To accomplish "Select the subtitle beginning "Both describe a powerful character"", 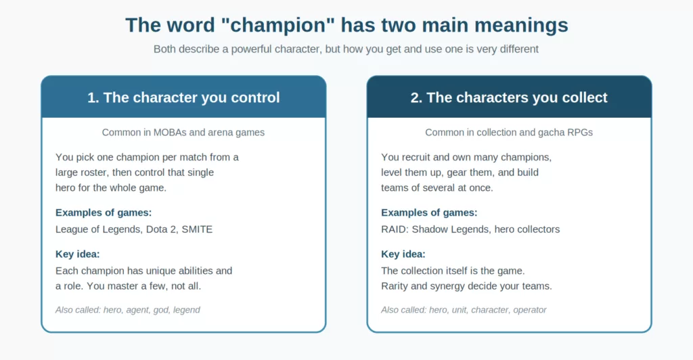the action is click(x=346, y=49).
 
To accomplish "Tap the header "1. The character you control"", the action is click(x=183, y=97).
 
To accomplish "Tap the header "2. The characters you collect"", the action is click(x=509, y=97).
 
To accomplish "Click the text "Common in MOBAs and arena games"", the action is click(x=183, y=133).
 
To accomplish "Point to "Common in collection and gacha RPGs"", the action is click(x=509, y=133).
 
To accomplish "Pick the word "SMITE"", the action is click(x=197, y=229).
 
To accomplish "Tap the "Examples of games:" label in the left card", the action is click(x=104, y=212).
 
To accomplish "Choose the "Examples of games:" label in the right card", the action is click(x=429, y=212).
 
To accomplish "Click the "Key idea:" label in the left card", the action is click(x=77, y=254).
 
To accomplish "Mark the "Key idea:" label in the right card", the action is click(x=403, y=254).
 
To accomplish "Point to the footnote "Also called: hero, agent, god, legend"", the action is click(x=128, y=310).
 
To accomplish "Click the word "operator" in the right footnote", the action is click(x=530, y=310).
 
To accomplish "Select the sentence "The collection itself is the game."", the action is click(x=453, y=271).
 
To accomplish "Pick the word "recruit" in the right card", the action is click(x=416, y=157).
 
